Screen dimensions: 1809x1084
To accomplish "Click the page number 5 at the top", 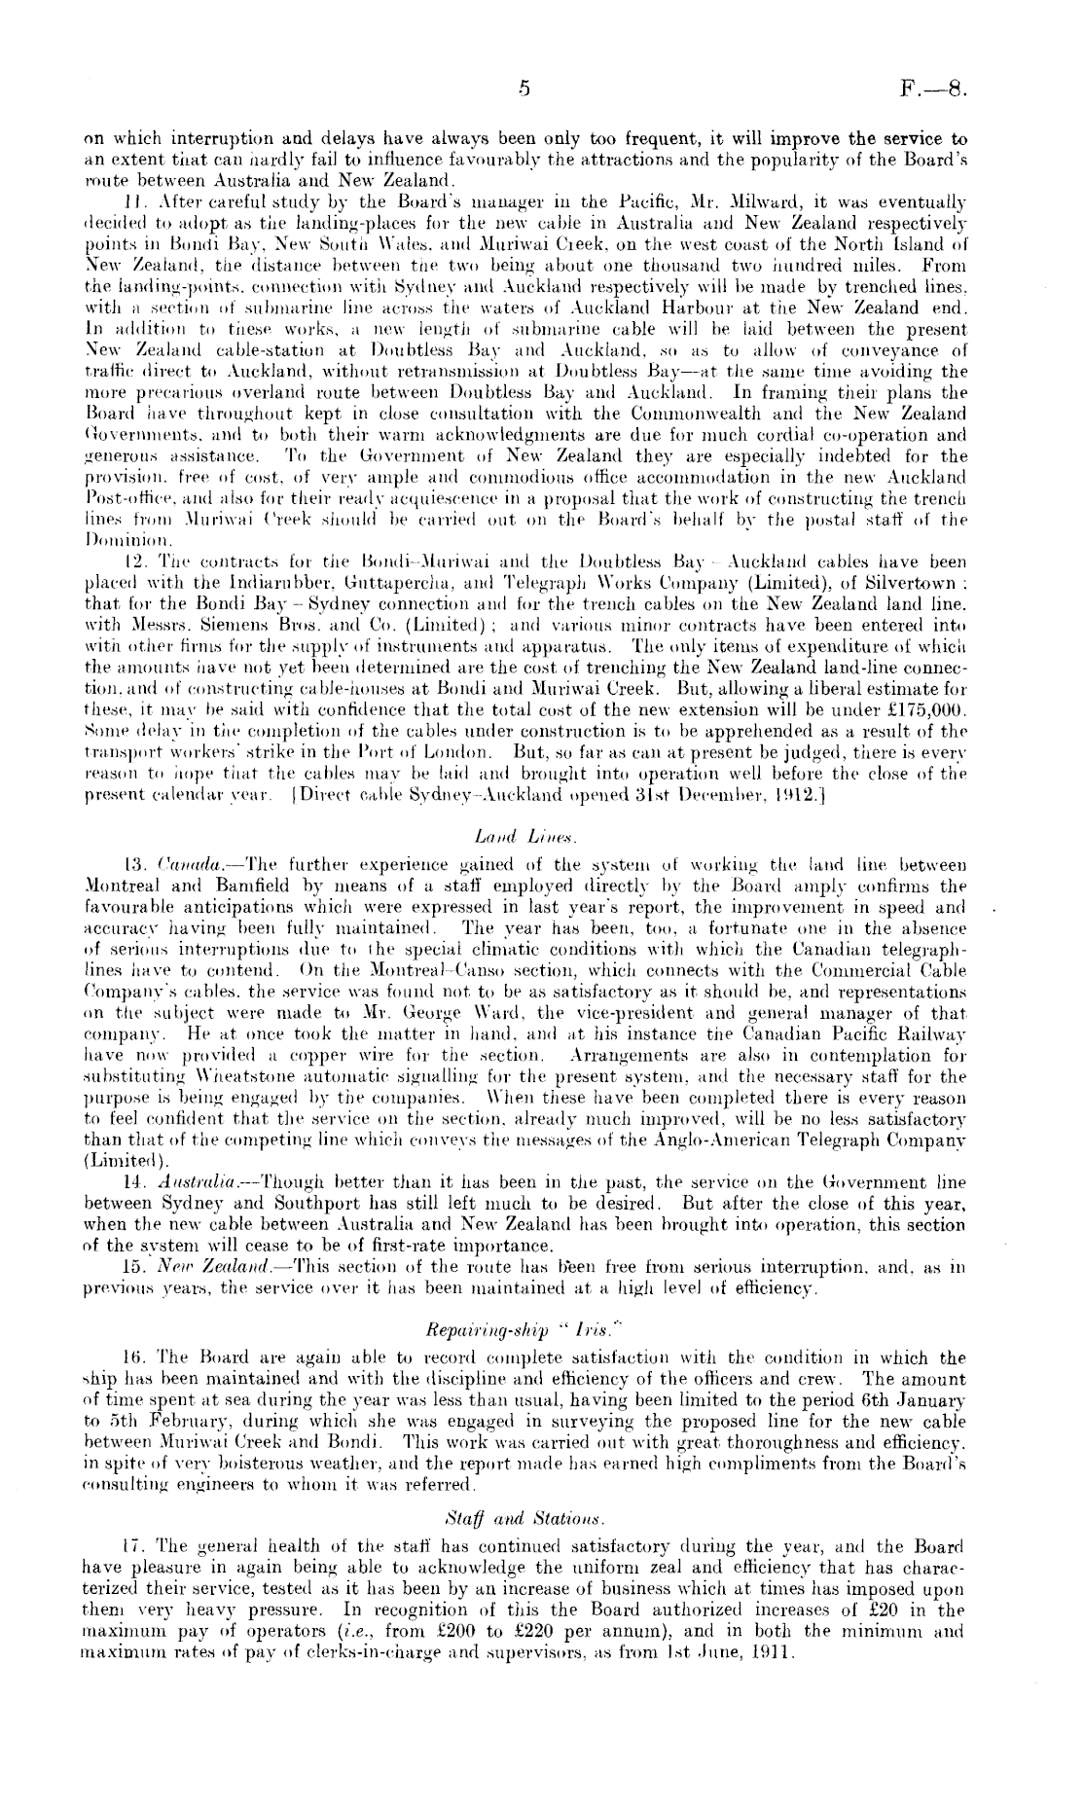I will click(x=523, y=91).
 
